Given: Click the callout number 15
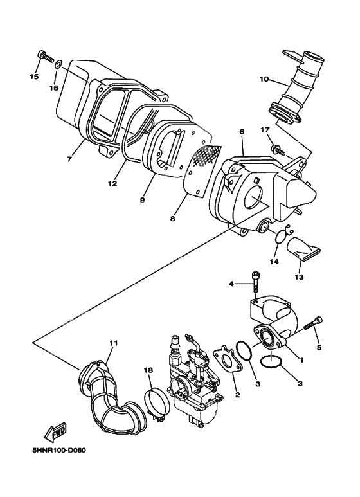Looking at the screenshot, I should coord(34,77).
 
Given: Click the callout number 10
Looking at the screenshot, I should coord(264,80).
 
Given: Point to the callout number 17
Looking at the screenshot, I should coord(264,131).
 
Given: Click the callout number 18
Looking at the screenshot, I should coord(148,371).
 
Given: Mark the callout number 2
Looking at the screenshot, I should coord(237,395).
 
